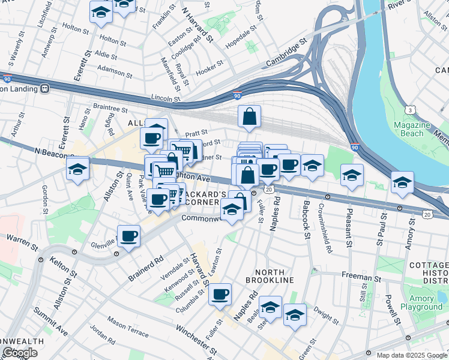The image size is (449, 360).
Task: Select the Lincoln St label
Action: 166,98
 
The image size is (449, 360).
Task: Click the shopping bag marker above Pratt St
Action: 249,117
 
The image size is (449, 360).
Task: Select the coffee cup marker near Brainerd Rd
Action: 128,236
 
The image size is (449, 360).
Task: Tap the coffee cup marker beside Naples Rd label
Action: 220,294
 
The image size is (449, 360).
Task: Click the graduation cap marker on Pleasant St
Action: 352,175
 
